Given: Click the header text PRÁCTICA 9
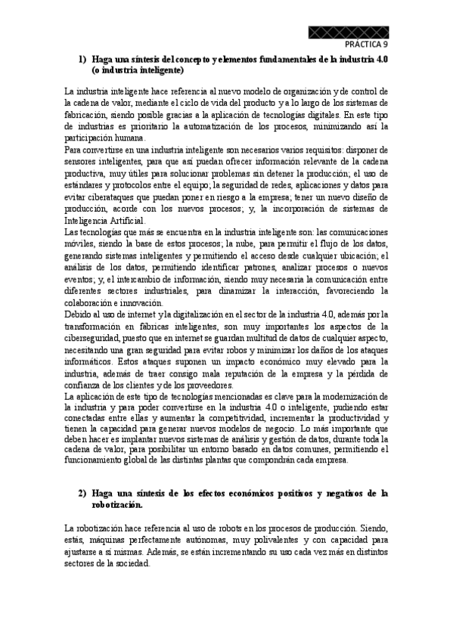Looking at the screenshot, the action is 366,45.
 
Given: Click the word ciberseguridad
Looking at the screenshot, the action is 95,327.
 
